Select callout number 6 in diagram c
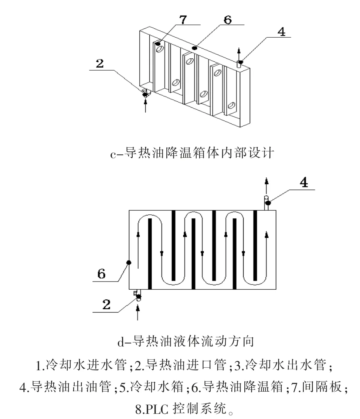pyautogui.click(x=228, y=20)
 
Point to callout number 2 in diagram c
pyautogui.click(x=99, y=64)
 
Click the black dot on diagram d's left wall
pyautogui.click(x=129, y=263)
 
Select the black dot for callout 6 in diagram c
pyautogui.click(x=195, y=47)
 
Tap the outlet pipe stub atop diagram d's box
pyautogui.click(x=266, y=203)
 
